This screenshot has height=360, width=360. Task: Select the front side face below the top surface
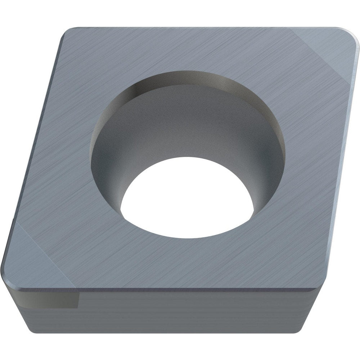tap(180, 310)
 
